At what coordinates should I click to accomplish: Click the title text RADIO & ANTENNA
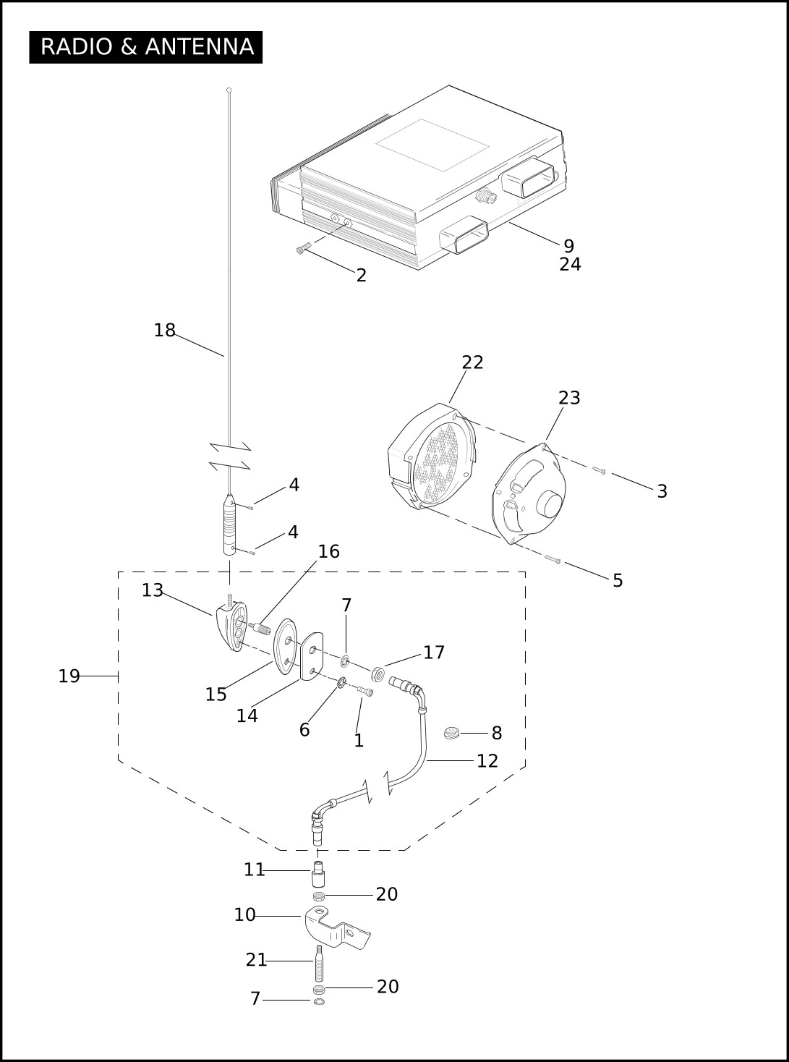point(147,47)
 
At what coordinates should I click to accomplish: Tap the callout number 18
point(165,331)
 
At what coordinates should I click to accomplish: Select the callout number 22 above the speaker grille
point(472,362)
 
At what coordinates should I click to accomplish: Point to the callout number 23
point(569,398)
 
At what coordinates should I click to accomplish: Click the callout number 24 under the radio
point(570,264)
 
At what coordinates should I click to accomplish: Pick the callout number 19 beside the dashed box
point(69,676)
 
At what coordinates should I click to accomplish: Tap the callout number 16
point(329,551)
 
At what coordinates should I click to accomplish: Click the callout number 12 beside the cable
point(487,761)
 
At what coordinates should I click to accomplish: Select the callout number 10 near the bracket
point(244,915)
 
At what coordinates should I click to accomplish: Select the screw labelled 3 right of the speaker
point(599,471)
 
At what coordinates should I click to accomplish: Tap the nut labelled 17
point(378,674)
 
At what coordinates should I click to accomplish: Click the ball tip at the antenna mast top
point(229,90)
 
